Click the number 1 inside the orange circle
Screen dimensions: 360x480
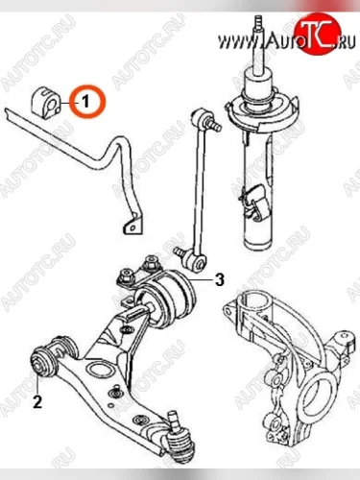click(85, 102)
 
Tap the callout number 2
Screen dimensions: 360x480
click(37, 402)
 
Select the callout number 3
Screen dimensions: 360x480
click(220, 280)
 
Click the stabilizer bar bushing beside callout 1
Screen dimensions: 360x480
click(46, 101)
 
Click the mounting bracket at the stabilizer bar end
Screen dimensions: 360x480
click(132, 226)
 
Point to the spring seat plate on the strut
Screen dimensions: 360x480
click(262, 111)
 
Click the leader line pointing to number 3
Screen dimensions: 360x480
click(202, 280)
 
